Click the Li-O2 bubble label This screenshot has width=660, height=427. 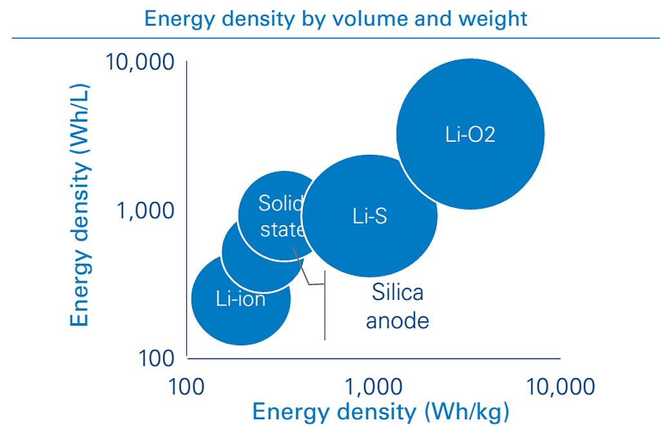(470, 135)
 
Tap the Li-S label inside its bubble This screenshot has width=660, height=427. (369, 216)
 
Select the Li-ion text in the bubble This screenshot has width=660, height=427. (241, 299)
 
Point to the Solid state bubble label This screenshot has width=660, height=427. (281, 216)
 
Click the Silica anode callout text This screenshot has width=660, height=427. (397, 306)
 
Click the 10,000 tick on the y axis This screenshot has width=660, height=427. (139, 62)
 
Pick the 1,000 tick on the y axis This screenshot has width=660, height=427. (145, 210)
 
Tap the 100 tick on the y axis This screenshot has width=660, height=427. (156, 359)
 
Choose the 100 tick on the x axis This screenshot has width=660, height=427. (186, 386)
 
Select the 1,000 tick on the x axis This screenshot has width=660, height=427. (373, 386)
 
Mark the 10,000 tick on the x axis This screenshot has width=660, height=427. (561, 386)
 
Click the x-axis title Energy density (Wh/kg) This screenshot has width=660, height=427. (380, 412)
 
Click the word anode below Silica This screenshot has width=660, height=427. (397, 321)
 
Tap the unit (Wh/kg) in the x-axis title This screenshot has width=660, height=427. (467, 412)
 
